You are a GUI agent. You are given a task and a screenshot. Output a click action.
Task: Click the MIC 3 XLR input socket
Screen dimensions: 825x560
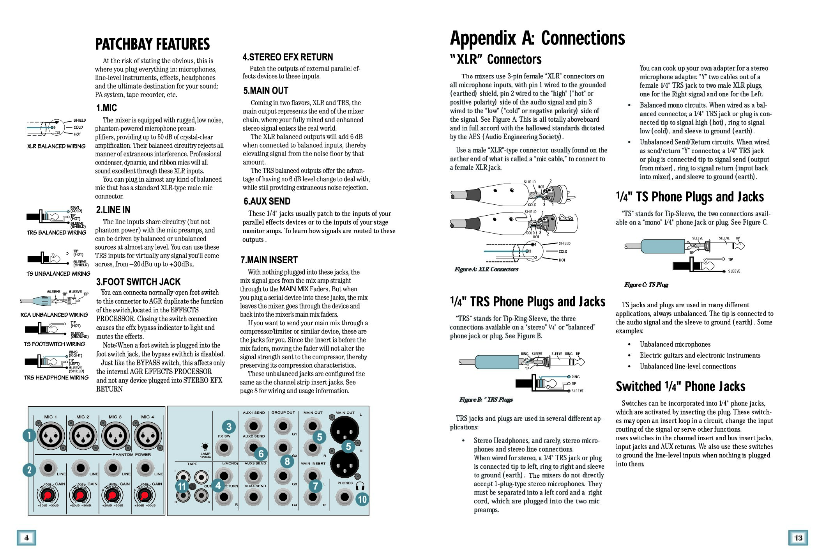pos(115,435)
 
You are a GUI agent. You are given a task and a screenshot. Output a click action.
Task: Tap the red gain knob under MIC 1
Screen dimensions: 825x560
pos(47,496)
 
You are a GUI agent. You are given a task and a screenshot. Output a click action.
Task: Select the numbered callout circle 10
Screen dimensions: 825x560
pos(362,499)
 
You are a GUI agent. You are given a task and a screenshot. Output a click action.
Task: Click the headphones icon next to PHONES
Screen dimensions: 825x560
pos(359,486)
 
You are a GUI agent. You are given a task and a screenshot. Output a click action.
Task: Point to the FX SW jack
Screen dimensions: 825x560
pos(224,448)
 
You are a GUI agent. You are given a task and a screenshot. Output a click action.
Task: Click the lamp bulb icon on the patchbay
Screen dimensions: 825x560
pos(205,446)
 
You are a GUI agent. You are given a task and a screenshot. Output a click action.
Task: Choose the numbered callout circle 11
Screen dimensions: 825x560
pos(182,486)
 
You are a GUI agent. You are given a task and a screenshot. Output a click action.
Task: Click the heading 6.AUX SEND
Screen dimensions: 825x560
pos(267,201)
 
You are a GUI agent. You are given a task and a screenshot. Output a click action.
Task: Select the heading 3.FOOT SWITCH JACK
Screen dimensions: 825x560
pos(138,282)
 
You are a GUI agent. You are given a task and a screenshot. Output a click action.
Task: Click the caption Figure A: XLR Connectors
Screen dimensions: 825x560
pos(486,269)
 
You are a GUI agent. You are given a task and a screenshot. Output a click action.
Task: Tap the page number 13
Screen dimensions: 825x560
pos(798,538)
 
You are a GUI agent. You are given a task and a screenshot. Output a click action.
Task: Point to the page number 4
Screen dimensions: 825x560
pos(26,538)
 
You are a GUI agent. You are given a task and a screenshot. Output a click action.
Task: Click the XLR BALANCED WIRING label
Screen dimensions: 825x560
pos(56,146)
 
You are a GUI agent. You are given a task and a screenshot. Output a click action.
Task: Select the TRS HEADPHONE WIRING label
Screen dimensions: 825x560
pos(56,377)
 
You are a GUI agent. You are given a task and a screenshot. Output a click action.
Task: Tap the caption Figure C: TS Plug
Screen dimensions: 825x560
pos(646,285)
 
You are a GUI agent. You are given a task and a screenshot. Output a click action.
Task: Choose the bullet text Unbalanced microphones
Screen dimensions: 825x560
pos(675,344)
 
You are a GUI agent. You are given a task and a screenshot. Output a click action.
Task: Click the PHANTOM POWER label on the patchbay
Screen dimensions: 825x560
pos(132,455)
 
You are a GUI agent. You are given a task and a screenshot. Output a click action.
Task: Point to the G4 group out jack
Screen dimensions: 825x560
pos(283,497)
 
